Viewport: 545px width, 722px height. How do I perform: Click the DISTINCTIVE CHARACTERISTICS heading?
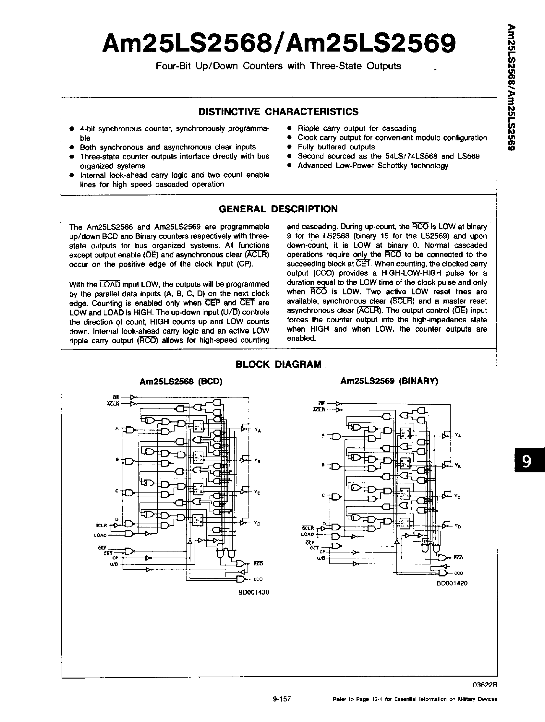coord(278,112)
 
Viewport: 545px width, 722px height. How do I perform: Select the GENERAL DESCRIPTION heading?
coord(278,209)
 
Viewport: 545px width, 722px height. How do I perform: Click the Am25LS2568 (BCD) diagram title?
coord(181,381)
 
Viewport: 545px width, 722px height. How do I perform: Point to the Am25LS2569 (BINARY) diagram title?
coord(389,381)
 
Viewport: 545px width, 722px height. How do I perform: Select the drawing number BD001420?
coord(452,583)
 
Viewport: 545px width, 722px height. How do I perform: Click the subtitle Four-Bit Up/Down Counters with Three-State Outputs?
coord(278,66)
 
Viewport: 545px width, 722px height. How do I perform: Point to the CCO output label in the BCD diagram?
coord(258,579)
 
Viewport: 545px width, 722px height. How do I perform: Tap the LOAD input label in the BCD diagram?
coord(100,535)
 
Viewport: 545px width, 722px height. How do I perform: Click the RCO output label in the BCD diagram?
coord(258,564)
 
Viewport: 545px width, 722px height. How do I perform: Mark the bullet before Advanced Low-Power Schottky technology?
coord(289,166)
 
